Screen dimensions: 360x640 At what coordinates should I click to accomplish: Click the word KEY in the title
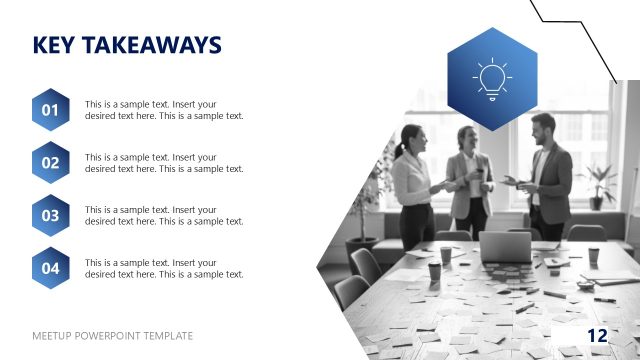[53, 45]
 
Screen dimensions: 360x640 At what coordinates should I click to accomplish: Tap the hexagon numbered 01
[50, 110]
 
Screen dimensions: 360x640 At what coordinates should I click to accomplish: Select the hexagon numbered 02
[50, 162]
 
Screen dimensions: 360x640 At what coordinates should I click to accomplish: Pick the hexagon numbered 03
[50, 214]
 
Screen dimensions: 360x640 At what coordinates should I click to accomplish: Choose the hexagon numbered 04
[50, 267]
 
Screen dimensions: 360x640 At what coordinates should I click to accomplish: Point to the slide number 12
[598, 335]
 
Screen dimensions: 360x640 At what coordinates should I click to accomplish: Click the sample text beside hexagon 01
[164, 110]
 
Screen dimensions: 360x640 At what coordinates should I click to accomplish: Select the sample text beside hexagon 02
[164, 163]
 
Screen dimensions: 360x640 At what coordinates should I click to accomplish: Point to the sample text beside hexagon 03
[164, 215]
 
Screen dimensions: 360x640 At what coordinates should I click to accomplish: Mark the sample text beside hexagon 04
[164, 268]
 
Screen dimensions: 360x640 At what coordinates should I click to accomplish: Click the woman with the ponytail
[412, 180]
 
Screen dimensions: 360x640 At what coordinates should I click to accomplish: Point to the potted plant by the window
[601, 185]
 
